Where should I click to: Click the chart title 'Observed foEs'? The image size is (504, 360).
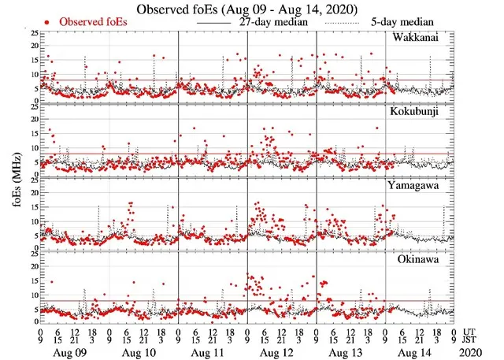(251, 9)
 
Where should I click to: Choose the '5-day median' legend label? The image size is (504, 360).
(399, 22)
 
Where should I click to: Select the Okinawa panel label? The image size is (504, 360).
(426, 256)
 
